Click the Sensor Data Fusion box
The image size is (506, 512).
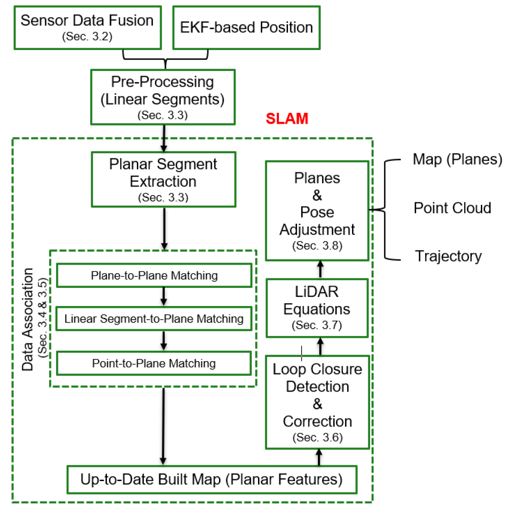coord(87,27)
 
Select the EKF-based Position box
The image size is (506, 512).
coord(246,27)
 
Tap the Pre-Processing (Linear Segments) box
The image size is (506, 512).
coord(162,97)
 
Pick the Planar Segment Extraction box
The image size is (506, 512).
coord(163,179)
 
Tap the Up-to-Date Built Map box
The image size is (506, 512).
coord(211,479)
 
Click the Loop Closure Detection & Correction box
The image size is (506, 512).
coord(317,402)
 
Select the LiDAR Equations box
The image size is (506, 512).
coord(317,308)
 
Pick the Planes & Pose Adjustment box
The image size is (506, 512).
coord(317,210)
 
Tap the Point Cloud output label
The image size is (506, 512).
coord(452,208)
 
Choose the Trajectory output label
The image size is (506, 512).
coord(448,256)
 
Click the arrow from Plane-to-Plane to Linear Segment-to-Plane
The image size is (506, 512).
coord(163,297)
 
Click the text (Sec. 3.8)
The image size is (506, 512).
coord(317,247)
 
